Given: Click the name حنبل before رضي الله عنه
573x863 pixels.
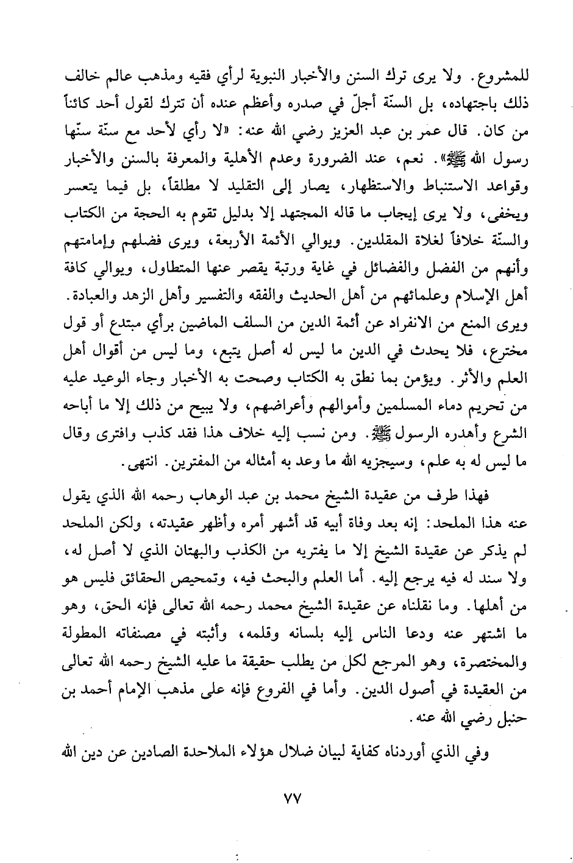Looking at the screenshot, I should [507, 717].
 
